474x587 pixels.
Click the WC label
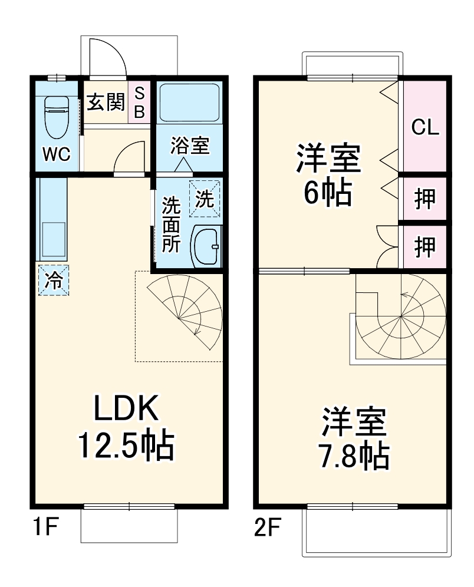(57, 154)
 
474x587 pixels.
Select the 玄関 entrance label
(106, 102)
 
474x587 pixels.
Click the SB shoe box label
(139, 102)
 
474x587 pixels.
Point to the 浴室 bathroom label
(190, 146)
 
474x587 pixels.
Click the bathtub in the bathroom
(190, 101)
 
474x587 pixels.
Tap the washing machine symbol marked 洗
(204, 198)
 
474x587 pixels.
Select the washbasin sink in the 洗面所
(206, 246)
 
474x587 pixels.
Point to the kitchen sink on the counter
(53, 240)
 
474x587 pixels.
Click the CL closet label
(425, 127)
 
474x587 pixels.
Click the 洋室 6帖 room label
(328, 174)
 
